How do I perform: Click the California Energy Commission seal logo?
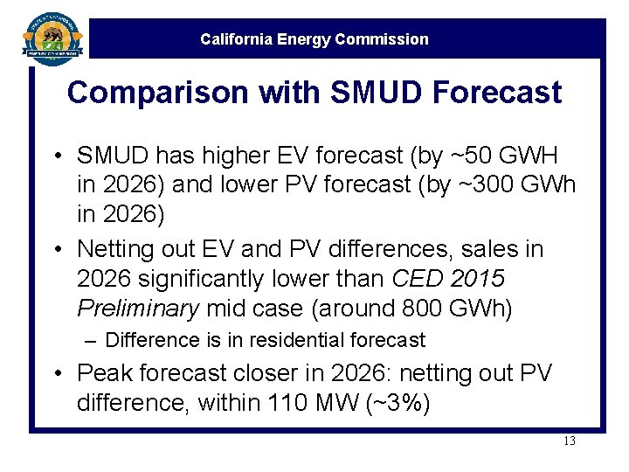pos(52,37)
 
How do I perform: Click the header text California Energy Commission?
pos(314,39)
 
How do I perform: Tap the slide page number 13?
pos(569,441)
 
